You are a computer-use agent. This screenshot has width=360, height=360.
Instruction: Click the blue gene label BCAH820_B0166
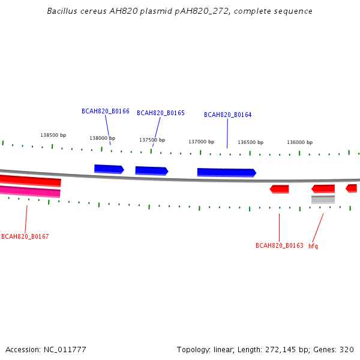[x=106, y=111]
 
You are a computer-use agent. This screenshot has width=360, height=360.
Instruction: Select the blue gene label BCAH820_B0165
[x=161, y=113]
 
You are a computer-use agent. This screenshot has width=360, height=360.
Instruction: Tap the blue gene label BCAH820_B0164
[x=228, y=115]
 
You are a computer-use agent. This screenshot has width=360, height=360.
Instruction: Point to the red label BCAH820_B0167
[x=25, y=236]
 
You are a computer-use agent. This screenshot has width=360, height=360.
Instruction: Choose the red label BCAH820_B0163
[x=280, y=245]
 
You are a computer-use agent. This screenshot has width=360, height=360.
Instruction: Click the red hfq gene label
[x=313, y=247]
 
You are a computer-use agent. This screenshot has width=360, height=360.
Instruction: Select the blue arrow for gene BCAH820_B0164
[x=227, y=173]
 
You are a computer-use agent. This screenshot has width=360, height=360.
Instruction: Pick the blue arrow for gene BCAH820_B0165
[x=152, y=171]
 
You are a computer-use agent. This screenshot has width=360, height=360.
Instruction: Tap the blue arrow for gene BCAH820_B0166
[x=109, y=169]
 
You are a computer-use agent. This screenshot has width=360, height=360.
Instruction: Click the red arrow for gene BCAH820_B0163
[x=279, y=189]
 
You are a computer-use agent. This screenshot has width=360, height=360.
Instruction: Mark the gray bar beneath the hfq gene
[x=323, y=200]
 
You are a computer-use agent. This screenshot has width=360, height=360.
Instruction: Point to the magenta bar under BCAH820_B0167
[x=30, y=191]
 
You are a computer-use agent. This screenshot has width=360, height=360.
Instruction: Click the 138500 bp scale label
[x=53, y=135]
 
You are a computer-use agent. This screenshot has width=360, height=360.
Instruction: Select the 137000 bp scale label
[x=202, y=142]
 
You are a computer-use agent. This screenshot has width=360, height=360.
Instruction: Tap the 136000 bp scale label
[x=300, y=142]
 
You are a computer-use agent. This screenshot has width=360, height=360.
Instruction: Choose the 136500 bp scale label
[x=250, y=142]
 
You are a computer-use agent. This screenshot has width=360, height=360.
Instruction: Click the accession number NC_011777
[x=65, y=350]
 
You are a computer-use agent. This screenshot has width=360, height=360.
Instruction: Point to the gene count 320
[x=347, y=350]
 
